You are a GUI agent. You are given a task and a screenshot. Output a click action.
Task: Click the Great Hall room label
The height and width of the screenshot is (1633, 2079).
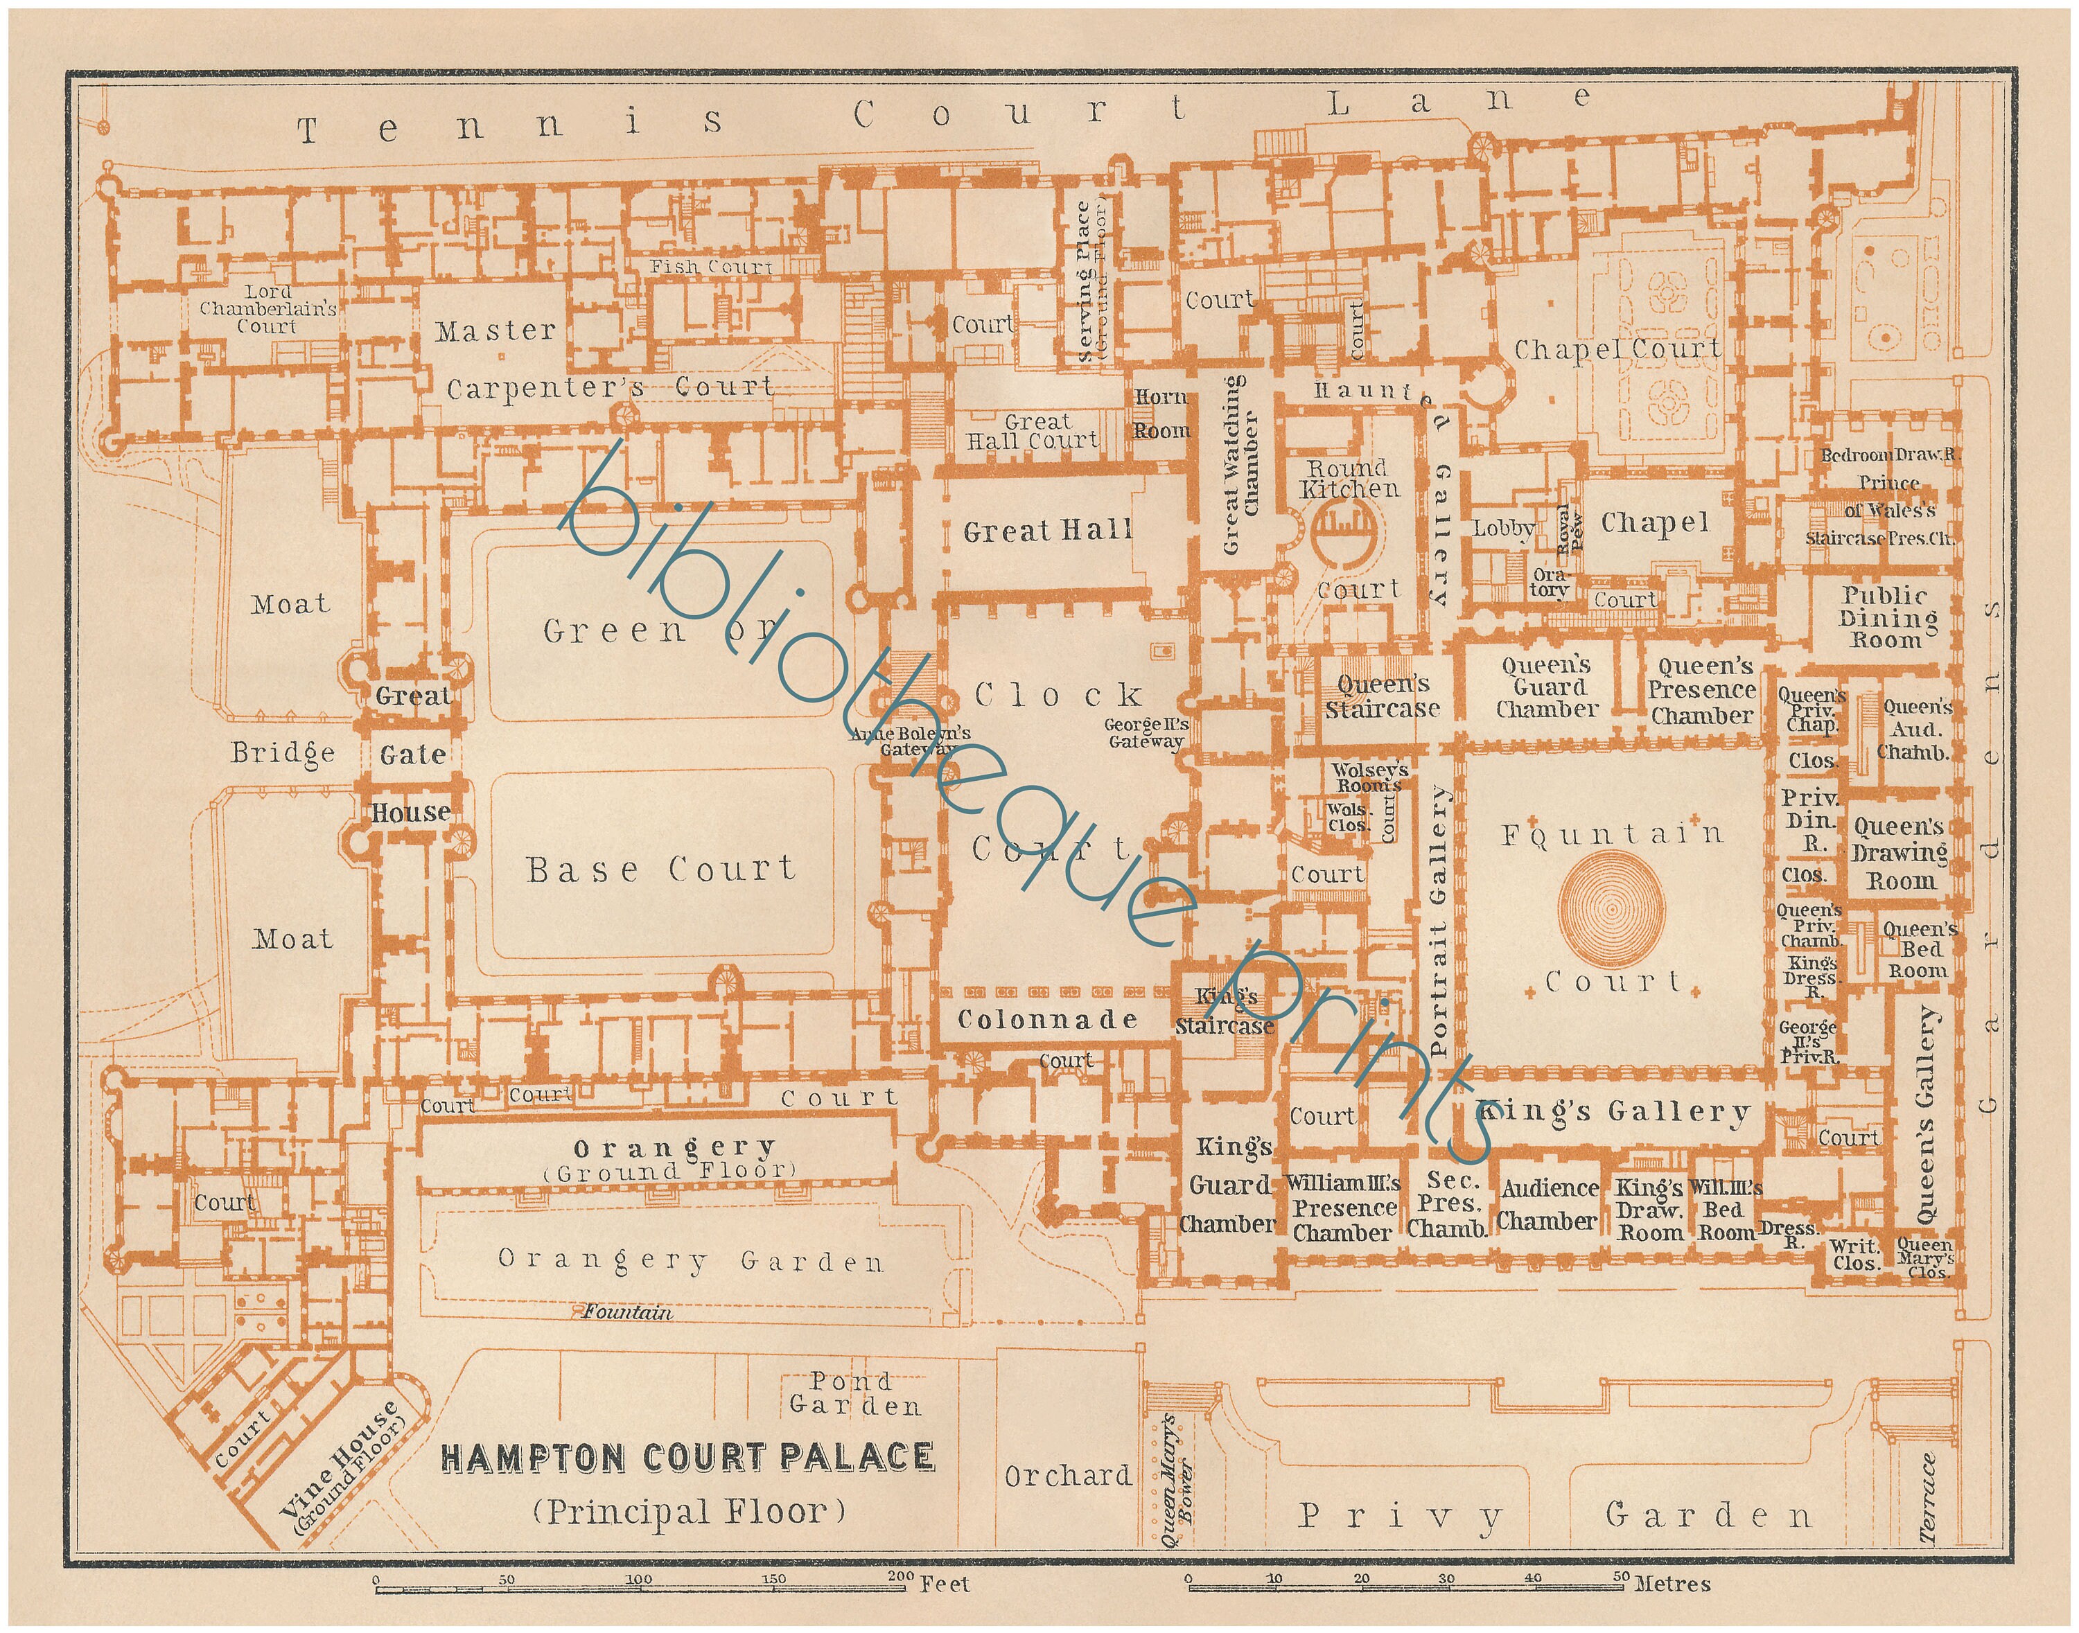(x=1047, y=531)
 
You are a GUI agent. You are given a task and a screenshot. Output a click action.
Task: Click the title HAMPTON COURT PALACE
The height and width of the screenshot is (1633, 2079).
(x=687, y=1458)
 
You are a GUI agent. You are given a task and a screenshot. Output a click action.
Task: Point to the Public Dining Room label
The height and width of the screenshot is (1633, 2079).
(x=1888, y=617)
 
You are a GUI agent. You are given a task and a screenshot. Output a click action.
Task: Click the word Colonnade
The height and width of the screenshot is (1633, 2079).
(x=1048, y=1020)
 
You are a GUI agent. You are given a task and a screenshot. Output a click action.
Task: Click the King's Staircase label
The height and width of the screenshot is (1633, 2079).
(x=1225, y=1012)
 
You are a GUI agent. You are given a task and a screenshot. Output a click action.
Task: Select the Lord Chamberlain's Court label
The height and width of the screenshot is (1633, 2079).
(x=267, y=309)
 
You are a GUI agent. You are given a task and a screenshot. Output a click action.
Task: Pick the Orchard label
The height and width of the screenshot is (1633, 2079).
(x=1068, y=1476)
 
